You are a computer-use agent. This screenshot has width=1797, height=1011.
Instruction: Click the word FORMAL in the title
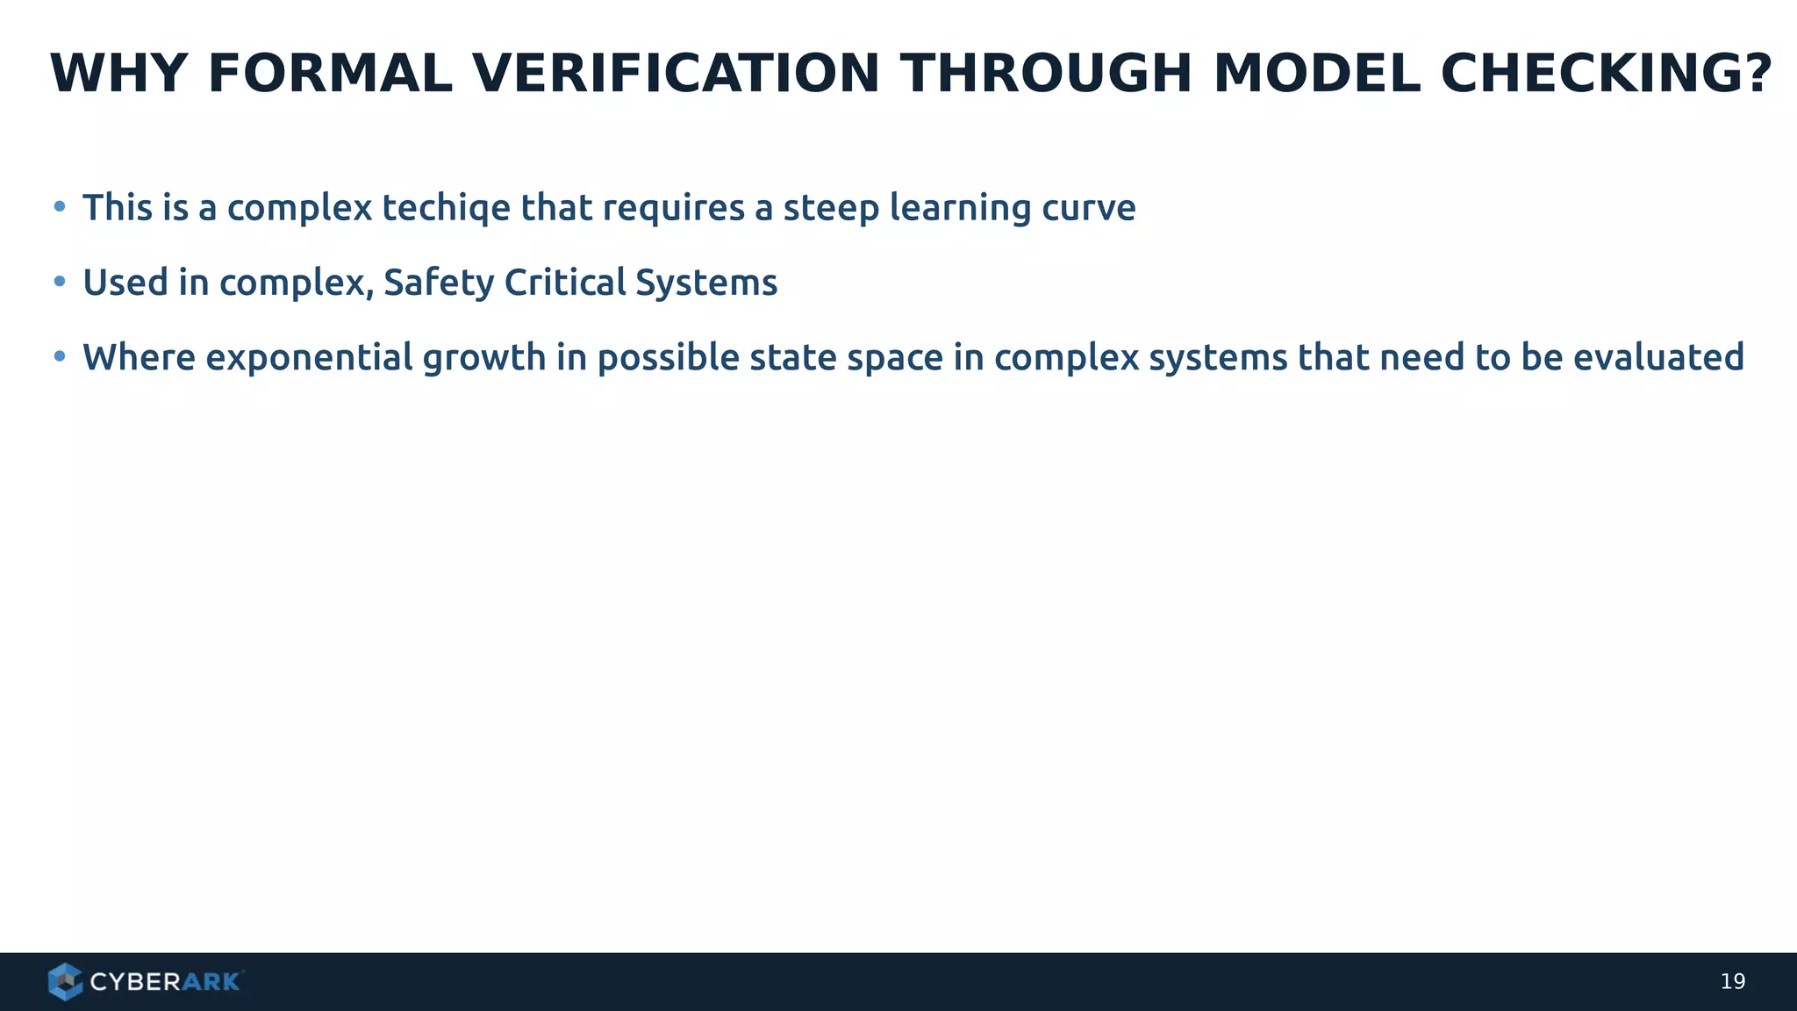click(330, 74)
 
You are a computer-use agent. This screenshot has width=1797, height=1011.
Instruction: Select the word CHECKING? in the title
click(1607, 74)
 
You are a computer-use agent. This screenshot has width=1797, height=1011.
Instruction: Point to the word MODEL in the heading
click(1316, 74)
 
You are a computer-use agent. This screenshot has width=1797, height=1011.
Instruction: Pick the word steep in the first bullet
click(831, 209)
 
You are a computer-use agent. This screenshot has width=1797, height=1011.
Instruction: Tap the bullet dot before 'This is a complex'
click(60, 207)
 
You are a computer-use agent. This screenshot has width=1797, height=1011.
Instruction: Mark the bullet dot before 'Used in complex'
click(60, 282)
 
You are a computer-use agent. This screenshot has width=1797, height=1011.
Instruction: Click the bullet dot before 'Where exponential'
click(60, 356)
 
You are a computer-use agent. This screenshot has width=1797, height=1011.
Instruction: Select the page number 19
click(1732, 982)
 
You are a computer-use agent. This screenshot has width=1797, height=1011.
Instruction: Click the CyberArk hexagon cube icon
click(65, 981)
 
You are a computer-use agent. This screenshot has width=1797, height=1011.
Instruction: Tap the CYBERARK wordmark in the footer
click(165, 982)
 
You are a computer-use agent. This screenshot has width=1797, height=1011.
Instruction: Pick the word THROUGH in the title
click(1046, 74)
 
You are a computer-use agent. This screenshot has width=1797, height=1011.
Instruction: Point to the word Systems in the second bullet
click(706, 283)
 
